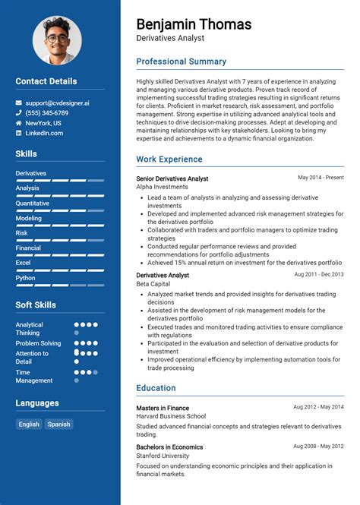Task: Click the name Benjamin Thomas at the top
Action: tap(194, 24)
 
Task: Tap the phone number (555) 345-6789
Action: tap(46, 112)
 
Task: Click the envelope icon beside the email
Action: tap(19, 102)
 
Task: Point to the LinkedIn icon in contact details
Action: tap(19, 133)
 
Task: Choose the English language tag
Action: tap(29, 425)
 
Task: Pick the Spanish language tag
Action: tap(58, 425)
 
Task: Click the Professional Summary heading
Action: tap(181, 62)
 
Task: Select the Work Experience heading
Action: tap(169, 159)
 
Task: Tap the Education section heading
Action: tap(156, 388)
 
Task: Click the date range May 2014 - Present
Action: tap(321, 178)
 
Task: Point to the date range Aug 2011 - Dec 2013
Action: tap(318, 274)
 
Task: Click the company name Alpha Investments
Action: tap(162, 187)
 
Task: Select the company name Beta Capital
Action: tap(153, 284)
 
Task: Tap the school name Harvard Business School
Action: tap(171, 416)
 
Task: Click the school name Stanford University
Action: tap(163, 456)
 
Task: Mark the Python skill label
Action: tap(25, 278)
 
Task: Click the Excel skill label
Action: tap(23, 263)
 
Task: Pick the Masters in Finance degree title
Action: tap(163, 407)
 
